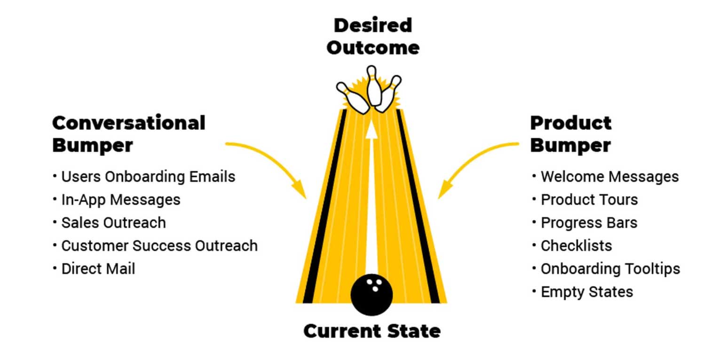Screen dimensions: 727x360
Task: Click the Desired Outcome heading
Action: tap(373, 36)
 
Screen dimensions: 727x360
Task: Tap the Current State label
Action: tap(372, 331)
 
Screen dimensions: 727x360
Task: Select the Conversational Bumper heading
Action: tap(129, 133)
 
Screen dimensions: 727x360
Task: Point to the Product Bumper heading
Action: tap(571, 133)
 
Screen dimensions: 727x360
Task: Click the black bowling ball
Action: tap(371, 295)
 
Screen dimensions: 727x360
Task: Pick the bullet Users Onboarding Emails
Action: tap(144, 177)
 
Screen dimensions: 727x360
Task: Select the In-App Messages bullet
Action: tap(117, 200)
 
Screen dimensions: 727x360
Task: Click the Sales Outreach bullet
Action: tap(110, 223)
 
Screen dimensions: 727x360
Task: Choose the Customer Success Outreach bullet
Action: tap(155, 246)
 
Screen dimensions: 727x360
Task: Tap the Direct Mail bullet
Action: tap(94, 269)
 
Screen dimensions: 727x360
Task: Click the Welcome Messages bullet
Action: tap(606, 177)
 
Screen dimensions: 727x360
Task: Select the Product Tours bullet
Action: tap(585, 200)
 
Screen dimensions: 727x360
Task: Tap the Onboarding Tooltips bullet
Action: tap(606, 269)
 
